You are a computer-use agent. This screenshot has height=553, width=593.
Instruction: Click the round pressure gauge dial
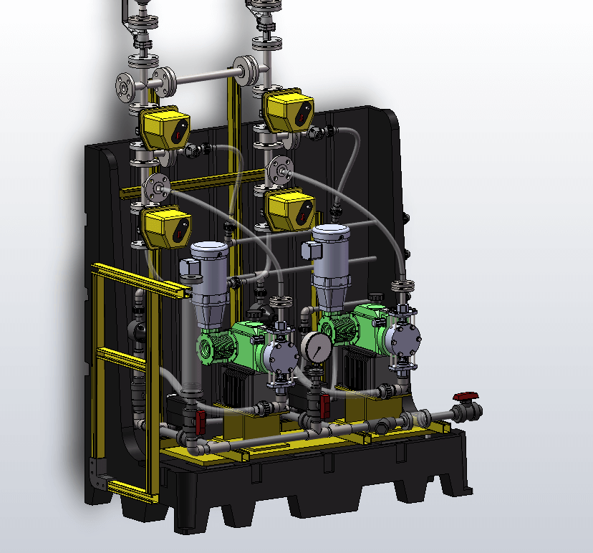(315, 347)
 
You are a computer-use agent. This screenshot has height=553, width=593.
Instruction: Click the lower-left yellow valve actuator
(165, 226)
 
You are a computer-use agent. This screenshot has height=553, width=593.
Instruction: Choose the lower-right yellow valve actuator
(289, 208)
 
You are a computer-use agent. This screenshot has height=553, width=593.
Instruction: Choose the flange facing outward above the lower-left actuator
(155, 188)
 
